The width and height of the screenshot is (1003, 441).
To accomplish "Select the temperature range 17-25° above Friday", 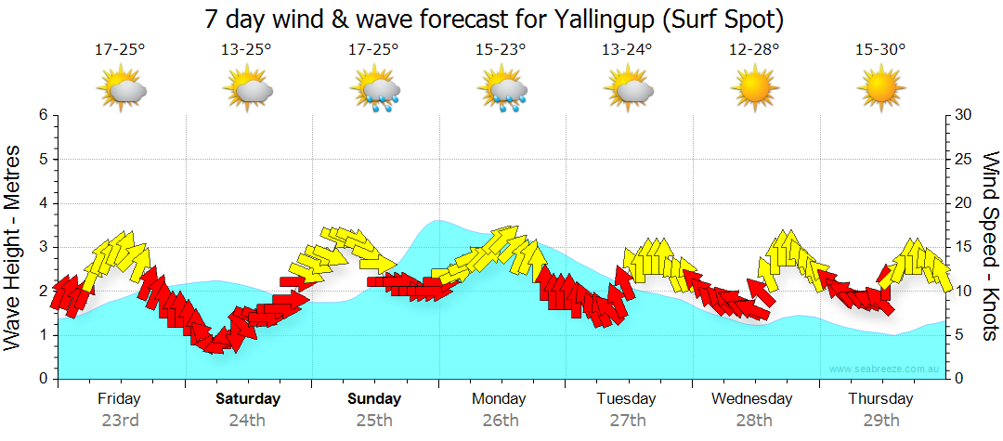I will [121, 49].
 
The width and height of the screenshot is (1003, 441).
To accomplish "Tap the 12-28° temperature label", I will [754, 49].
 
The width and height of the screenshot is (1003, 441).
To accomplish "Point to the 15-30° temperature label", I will [880, 49].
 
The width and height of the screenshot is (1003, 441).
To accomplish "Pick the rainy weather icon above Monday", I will [502, 90].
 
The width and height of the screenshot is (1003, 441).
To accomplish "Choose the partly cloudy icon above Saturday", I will [248, 90].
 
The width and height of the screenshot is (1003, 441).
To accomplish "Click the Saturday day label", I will [248, 399].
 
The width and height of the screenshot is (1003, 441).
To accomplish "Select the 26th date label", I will [501, 421].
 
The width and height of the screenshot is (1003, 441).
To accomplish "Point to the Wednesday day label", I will [752, 399].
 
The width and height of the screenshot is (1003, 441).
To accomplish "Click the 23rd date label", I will [120, 421].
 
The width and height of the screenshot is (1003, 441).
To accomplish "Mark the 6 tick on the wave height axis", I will [43, 115].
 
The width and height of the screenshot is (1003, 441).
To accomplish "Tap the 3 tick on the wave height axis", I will [43, 247].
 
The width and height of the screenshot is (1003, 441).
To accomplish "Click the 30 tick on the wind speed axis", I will [963, 115].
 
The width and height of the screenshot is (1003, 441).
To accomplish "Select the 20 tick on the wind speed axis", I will [963, 203].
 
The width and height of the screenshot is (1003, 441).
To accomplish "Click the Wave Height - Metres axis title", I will [14, 246].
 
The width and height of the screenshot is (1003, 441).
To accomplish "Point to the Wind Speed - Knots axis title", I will [990, 246].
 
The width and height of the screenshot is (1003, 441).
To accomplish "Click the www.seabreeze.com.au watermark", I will [885, 369].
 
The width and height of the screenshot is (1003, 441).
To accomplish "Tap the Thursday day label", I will [880, 399].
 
